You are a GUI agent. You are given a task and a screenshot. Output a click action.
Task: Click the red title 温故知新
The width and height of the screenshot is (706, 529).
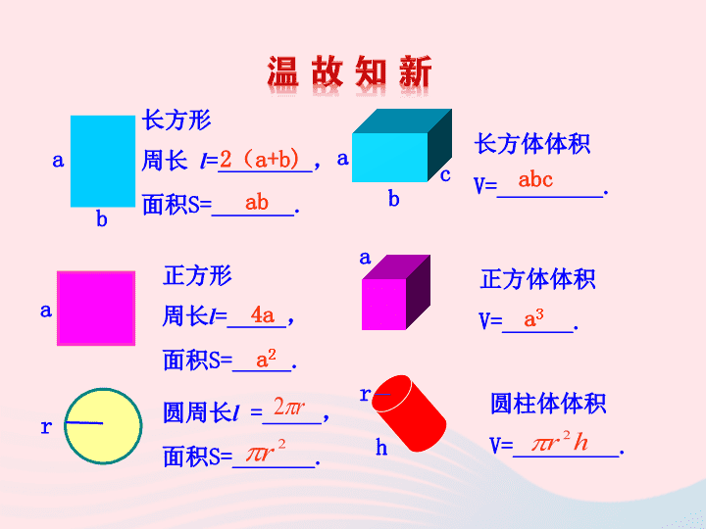pyautogui.click(x=349, y=72)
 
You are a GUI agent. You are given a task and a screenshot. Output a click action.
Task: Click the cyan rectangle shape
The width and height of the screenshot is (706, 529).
pyautogui.click(x=103, y=161)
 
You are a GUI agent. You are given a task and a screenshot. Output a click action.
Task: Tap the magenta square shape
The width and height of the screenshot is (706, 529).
pyautogui.click(x=96, y=309)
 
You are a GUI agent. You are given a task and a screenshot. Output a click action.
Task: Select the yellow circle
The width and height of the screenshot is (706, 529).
pyautogui.click(x=103, y=426)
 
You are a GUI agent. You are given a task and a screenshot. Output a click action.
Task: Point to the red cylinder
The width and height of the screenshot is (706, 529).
pyautogui.click(x=409, y=413)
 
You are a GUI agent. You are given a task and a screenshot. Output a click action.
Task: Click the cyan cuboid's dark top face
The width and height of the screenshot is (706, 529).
pyautogui.click(x=402, y=121)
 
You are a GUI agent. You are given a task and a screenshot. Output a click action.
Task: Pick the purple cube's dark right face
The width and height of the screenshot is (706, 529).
pyautogui.click(x=419, y=292)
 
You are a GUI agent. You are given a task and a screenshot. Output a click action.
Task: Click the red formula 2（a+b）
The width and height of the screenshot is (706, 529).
pyautogui.click(x=260, y=160)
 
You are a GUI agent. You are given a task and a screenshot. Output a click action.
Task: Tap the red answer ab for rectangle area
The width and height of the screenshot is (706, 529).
pyautogui.click(x=257, y=203)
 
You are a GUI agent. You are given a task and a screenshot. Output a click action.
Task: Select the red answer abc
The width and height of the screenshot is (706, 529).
pyautogui.click(x=535, y=179)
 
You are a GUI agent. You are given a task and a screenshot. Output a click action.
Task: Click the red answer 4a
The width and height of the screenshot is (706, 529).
pyautogui.click(x=263, y=314)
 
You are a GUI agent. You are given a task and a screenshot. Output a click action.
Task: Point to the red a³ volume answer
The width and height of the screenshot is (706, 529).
pyautogui.click(x=533, y=318)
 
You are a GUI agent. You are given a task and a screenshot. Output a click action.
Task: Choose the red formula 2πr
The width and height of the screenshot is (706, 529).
pyautogui.click(x=289, y=407)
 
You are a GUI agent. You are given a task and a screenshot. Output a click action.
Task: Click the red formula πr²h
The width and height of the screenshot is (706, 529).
pyautogui.click(x=561, y=441)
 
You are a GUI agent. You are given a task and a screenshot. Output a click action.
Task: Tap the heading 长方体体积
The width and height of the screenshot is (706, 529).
pyautogui.click(x=532, y=144)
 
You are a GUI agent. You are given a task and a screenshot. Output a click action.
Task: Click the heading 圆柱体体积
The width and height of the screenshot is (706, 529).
pyautogui.click(x=548, y=403)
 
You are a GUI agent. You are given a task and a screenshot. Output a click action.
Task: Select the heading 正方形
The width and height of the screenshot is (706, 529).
pyautogui.click(x=197, y=275)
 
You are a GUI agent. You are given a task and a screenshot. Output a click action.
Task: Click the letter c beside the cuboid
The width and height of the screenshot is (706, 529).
pyautogui.click(x=445, y=175)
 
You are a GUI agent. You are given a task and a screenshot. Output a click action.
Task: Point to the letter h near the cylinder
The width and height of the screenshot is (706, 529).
pyautogui.click(x=381, y=447)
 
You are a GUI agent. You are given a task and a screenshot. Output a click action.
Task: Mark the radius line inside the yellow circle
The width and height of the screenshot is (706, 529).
pyautogui.click(x=83, y=423)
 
